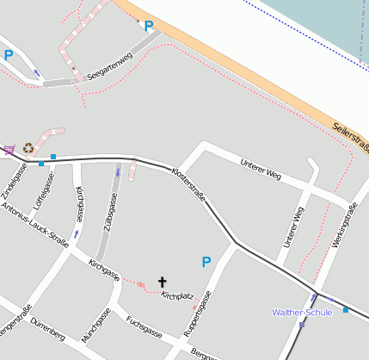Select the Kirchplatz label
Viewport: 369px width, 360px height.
tap(176, 296)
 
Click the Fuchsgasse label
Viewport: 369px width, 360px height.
tap(144, 326)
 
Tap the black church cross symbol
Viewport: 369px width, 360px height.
tap(162, 281)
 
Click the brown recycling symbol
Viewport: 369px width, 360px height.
tap(28, 148)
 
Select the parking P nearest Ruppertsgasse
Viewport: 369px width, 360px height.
tap(206, 261)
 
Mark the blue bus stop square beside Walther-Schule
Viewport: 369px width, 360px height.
tap(346, 309)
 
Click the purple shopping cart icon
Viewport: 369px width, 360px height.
tap(9, 150)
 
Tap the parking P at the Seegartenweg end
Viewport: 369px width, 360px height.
tap(149, 26)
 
